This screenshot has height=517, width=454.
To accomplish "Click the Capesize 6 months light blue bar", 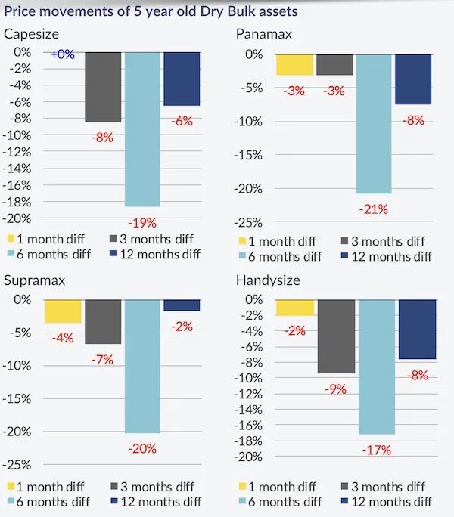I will (142, 128).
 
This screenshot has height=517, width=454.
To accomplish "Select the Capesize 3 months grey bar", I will (103, 87).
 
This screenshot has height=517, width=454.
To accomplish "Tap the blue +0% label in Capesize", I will (62, 54).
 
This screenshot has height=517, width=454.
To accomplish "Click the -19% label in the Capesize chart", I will (142, 222).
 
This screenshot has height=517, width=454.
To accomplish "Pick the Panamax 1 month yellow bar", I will (294, 64).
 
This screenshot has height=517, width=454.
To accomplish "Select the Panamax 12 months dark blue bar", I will (412, 79).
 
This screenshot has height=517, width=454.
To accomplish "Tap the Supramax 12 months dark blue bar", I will (182, 305).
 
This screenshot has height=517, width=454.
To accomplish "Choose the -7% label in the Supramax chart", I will (102, 360).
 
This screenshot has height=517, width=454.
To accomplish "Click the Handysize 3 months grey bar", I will (335, 336).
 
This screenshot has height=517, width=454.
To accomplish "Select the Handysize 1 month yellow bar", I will (295, 308).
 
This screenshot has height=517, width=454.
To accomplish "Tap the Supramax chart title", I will (34, 280).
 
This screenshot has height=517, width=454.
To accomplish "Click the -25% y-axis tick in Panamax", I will (249, 222).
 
